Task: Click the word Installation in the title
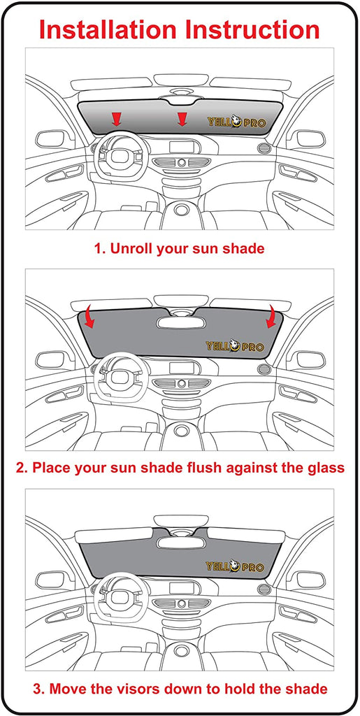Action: pyautogui.click(x=107, y=29)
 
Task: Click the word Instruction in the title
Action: pyautogui.click(x=252, y=29)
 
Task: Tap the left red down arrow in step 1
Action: pyautogui.click(x=117, y=119)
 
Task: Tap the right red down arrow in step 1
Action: pyautogui.click(x=182, y=119)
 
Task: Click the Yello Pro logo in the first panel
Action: pyautogui.click(x=236, y=122)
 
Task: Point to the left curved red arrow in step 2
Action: pyautogui.click(x=90, y=317)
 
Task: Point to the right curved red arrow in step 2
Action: pyautogui.click(x=273, y=317)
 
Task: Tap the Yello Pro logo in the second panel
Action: pyautogui.click(x=235, y=345)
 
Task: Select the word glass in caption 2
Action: pyautogui.click(x=325, y=468)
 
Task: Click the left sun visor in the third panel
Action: pyautogui.click(x=114, y=535)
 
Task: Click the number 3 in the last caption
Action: pyautogui.click(x=36, y=688)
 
